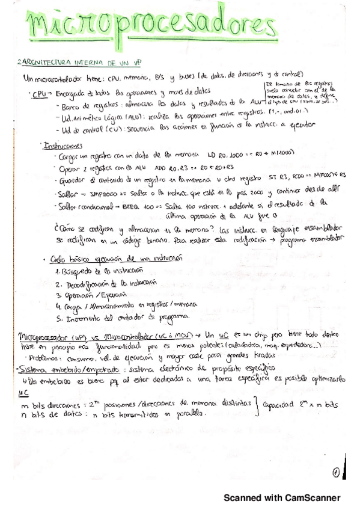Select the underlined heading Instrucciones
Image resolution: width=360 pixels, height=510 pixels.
tap(63, 145)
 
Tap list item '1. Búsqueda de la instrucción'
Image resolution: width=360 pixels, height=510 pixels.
tap(94, 271)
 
